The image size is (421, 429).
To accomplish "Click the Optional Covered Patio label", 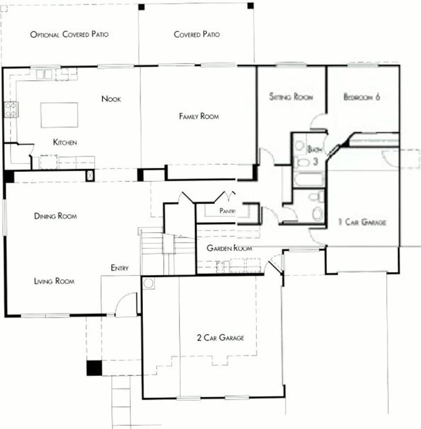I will pyautogui.click(x=69, y=34).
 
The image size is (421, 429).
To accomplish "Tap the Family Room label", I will pyautogui.click(x=199, y=116).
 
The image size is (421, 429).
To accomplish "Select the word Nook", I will pyautogui.click(x=111, y=99).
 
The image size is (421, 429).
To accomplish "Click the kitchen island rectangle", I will pyautogui.click(x=59, y=115).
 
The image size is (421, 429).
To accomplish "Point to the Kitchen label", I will pyautogui.click(x=65, y=143).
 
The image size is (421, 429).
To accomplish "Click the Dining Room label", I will pyautogui.click(x=55, y=216).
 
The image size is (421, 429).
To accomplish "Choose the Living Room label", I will pyautogui.click(x=54, y=281).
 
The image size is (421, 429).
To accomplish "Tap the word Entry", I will pyautogui.click(x=120, y=268).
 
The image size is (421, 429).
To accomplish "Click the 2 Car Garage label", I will pyautogui.click(x=220, y=338).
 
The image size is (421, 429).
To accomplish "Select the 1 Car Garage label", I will pyautogui.click(x=362, y=222).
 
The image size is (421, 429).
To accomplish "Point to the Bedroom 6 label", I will pyautogui.click(x=362, y=97).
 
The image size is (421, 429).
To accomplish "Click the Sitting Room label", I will pyautogui.click(x=291, y=97).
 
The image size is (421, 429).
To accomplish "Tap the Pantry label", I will pyautogui.click(x=227, y=210).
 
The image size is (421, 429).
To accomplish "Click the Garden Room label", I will pyautogui.click(x=229, y=248).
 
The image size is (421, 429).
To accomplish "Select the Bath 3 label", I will pyautogui.click(x=314, y=155).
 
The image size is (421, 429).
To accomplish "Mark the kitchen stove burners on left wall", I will pyautogui.click(x=10, y=110).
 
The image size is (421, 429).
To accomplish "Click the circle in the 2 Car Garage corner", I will pyautogui.click(x=149, y=283).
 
